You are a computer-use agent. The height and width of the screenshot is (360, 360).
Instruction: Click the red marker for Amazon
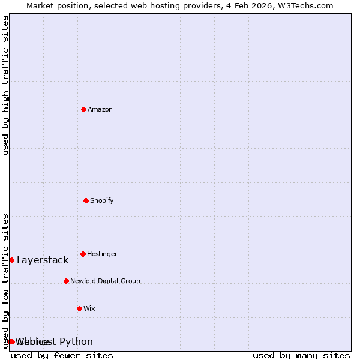(x=84, y=109)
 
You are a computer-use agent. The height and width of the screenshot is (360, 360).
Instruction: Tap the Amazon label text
(x=100, y=109)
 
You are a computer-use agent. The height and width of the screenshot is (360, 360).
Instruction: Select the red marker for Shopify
(x=86, y=200)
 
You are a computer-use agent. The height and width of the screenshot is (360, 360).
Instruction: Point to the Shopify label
(x=102, y=200)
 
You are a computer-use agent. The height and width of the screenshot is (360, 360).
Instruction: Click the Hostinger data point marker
(x=83, y=254)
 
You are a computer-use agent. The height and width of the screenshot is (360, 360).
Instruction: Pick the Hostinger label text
(x=103, y=254)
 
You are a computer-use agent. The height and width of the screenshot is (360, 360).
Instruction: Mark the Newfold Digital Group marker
(x=66, y=281)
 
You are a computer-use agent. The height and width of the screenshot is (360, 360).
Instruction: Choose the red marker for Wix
(x=79, y=308)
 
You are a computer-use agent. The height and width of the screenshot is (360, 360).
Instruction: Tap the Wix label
(x=89, y=308)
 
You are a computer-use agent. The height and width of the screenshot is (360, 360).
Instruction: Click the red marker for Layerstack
(x=11, y=260)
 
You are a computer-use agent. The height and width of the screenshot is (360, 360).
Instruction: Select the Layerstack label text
(x=43, y=260)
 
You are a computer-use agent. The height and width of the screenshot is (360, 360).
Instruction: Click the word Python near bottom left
(x=76, y=341)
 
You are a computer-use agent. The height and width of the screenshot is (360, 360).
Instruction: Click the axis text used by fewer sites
(x=62, y=355)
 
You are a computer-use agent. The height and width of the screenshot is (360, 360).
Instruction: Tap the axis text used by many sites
(x=301, y=355)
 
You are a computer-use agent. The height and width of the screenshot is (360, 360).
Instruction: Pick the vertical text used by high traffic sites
(x=5, y=85)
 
